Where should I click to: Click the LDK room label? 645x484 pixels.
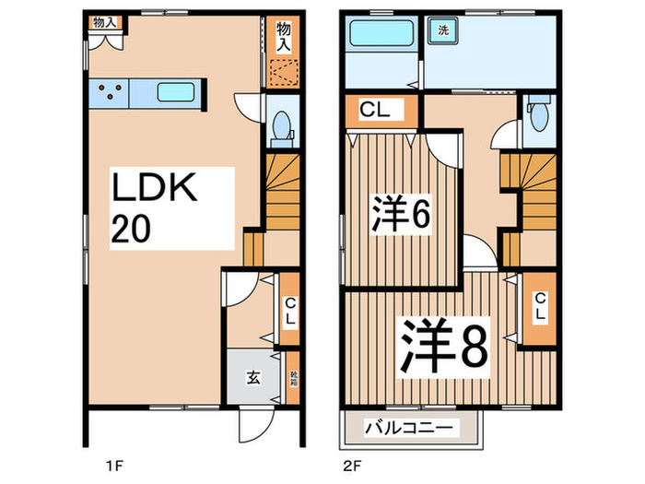(155, 190)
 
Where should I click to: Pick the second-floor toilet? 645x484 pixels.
(539, 117)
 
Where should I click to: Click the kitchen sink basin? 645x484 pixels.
(174, 92)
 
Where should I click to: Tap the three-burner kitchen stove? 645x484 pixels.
(111, 92)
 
